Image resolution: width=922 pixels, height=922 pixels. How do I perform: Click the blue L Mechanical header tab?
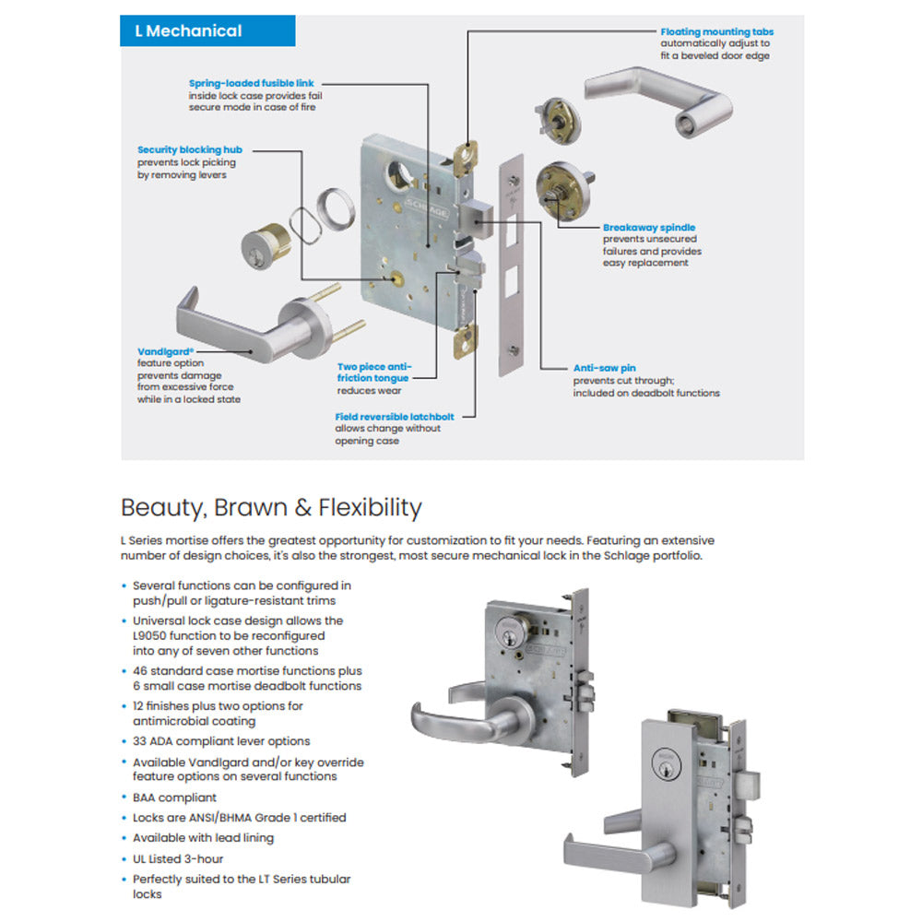pyautogui.click(x=207, y=30)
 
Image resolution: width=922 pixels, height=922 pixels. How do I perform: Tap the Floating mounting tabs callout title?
pyautogui.click(x=716, y=31)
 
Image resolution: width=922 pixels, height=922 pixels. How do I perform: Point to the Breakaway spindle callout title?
pyautogui.click(x=648, y=227)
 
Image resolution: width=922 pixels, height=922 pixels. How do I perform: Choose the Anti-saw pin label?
pyautogui.click(x=604, y=368)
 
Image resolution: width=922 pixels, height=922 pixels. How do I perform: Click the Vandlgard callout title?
pyautogui.click(x=164, y=351)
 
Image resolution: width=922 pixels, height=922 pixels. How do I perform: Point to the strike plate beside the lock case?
pyautogui.click(x=509, y=267)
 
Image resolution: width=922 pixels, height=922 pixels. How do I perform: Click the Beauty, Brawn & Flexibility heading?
pyautogui.click(x=271, y=508)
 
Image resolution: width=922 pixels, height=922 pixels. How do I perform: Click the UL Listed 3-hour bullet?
pyautogui.click(x=178, y=858)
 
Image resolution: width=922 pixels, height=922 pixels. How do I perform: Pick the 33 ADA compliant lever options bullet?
pyautogui.click(x=221, y=741)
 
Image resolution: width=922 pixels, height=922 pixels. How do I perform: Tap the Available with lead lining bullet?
pyautogui.click(x=203, y=838)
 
